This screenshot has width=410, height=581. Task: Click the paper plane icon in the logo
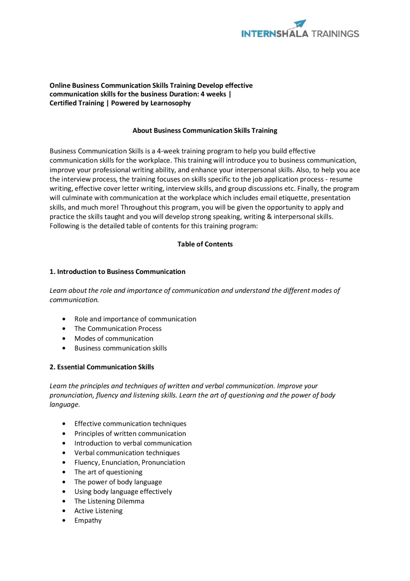(300, 24)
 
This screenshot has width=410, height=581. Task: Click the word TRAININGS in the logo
(335, 34)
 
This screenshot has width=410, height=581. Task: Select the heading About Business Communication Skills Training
(205, 131)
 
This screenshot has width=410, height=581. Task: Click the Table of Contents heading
(205, 244)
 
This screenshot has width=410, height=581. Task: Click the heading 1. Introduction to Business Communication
(117, 272)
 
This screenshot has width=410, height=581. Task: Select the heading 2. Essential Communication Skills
(102, 367)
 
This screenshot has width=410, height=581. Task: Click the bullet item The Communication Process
(118, 329)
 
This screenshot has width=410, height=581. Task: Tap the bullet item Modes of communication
(114, 339)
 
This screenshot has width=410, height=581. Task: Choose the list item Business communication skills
(120, 348)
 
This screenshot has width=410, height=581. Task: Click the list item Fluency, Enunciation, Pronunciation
(129, 463)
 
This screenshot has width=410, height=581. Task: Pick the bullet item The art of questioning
(108, 472)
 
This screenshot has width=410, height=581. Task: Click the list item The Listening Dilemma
(109, 501)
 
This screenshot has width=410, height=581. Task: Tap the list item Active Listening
(98, 511)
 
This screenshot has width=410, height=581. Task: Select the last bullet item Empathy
(88, 521)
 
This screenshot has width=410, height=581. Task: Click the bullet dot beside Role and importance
(64, 319)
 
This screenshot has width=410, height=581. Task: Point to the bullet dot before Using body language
(64, 492)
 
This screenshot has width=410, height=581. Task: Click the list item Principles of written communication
(130, 434)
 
